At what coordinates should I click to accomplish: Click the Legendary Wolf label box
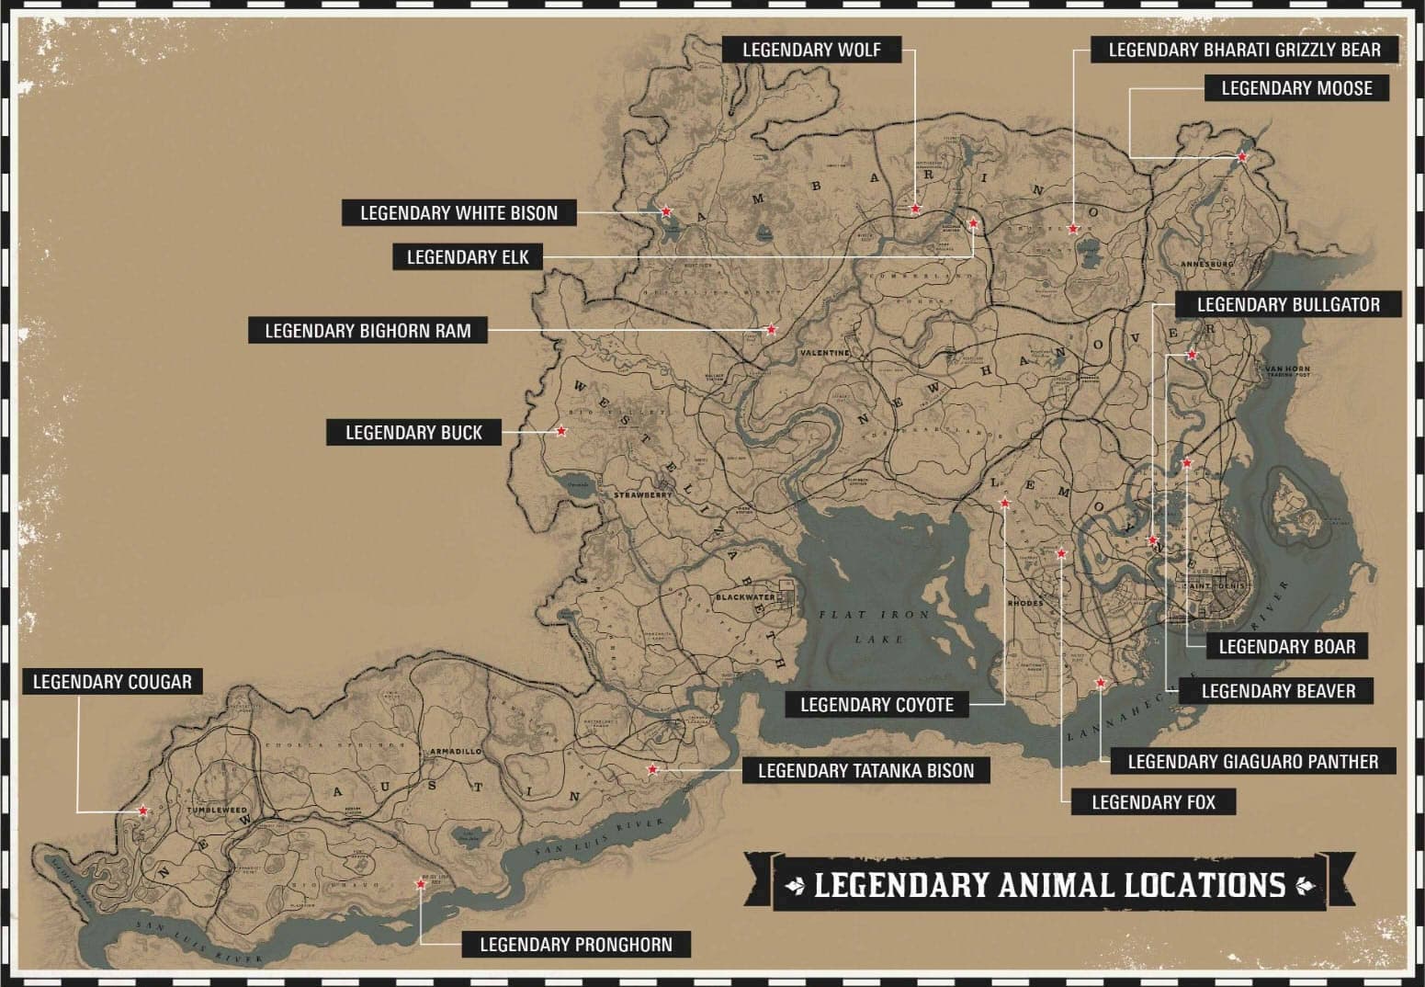click(809, 50)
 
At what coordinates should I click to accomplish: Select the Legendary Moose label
click(1296, 88)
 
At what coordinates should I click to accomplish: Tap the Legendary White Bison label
click(458, 213)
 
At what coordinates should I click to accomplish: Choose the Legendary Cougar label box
click(112, 682)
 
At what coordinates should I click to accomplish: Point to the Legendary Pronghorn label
click(575, 944)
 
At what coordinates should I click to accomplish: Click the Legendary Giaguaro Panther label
click(1252, 761)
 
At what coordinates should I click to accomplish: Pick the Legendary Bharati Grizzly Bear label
click(1244, 50)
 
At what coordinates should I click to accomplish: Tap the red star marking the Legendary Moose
click(1242, 157)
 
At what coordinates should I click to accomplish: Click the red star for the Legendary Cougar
click(142, 811)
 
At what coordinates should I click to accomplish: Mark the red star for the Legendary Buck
click(561, 430)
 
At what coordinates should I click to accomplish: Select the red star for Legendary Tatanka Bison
click(652, 769)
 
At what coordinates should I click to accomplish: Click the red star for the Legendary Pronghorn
click(421, 884)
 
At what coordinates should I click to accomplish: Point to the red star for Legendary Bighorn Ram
click(772, 329)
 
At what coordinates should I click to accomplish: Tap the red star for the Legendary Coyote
click(1004, 504)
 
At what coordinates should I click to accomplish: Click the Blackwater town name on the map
click(745, 597)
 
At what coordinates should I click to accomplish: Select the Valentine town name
click(824, 353)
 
